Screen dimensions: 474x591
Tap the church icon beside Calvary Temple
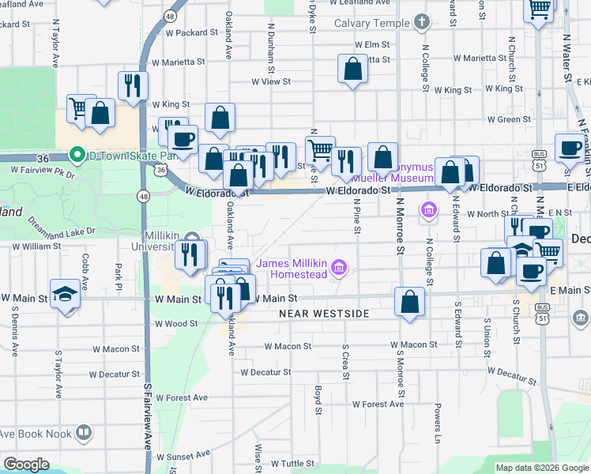(421, 21)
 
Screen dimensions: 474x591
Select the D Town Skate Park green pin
(77, 153)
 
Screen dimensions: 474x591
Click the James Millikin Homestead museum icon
(339, 269)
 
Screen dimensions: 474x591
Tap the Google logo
(26, 465)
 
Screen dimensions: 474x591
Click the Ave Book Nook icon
(83, 433)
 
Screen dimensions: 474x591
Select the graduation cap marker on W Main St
(65, 292)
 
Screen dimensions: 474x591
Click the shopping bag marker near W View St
(352, 69)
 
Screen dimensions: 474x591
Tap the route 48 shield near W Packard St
(170, 15)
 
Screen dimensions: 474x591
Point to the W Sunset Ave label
(183, 456)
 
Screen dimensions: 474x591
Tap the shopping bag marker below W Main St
(409, 302)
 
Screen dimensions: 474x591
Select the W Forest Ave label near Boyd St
(378, 404)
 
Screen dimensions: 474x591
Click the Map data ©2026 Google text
(541, 468)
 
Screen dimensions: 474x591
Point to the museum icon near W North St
(428, 209)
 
